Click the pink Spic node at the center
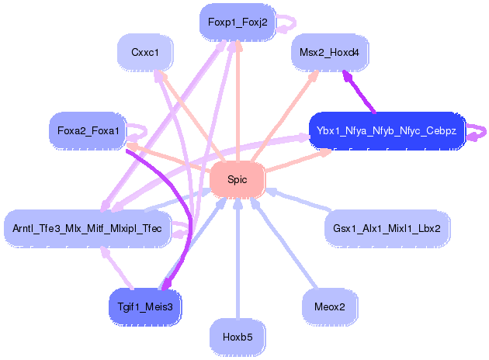click(x=237, y=179)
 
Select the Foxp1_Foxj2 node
click(x=237, y=22)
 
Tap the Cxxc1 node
click(x=145, y=53)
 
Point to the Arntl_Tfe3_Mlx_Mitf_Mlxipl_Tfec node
click(x=87, y=228)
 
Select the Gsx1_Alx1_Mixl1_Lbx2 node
click(x=387, y=228)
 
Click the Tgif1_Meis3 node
click(x=144, y=306)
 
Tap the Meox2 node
click(x=330, y=306)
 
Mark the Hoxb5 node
click(x=237, y=337)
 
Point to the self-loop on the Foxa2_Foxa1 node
click(x=140, y=128)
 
